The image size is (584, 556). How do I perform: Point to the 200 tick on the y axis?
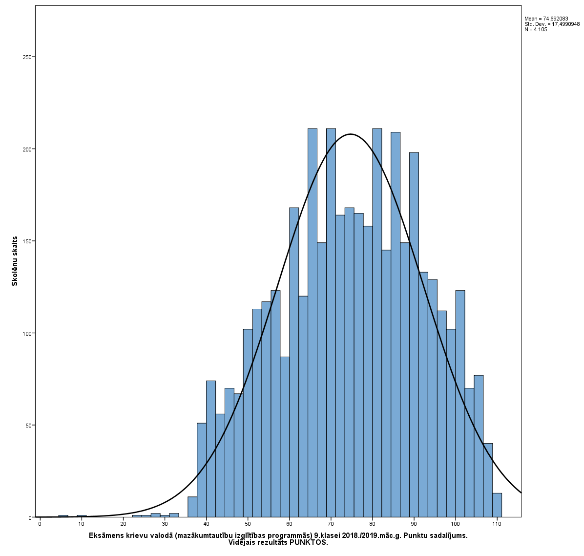click(33, 149)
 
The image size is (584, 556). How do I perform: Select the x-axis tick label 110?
click(497, 524)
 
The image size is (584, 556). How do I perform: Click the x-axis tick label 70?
click(331, 524)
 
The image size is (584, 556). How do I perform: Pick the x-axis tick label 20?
click(123, 524)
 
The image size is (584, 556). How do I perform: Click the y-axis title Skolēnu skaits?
click(15, 261)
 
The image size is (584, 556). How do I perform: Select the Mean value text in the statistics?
click(546, 19)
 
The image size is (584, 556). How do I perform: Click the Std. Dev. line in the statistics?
click(552, 24)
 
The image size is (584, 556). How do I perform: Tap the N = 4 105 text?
click(536, 29)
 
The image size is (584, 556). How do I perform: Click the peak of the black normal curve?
click(350, 134)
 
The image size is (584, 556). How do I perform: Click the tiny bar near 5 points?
click(63, 516)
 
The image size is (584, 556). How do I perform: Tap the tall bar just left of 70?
click(313, 322)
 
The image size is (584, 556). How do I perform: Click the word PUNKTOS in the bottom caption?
click(309, 542)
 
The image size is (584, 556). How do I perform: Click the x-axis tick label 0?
click(40, 524)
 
